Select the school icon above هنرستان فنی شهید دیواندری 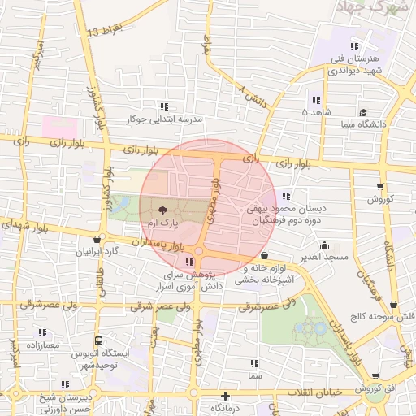click(354, 45)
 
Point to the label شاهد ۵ click(316, 111)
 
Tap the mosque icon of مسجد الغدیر click(324, 245)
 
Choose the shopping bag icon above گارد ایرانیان click(97, 240)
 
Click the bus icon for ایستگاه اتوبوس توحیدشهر click(98, 340)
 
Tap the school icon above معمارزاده click(42, 332)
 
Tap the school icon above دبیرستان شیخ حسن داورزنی click(65, 384)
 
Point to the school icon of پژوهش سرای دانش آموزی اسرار click(189, 262)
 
